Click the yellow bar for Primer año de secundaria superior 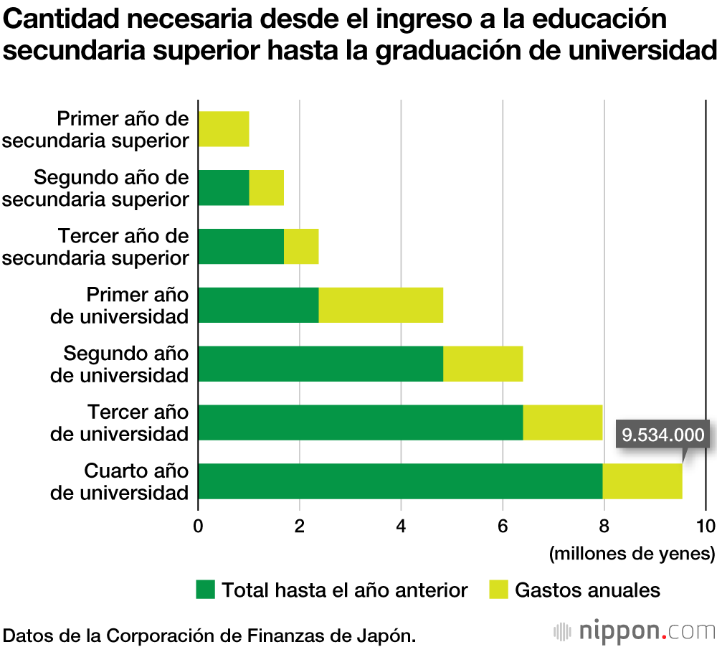223,129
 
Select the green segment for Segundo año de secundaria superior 223,188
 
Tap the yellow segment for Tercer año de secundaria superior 301,247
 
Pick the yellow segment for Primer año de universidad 381,306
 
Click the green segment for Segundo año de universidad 320,364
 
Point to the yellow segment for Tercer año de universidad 563,423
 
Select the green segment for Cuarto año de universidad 400,481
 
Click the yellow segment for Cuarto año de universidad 642,481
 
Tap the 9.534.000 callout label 663,435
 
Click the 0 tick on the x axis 198,525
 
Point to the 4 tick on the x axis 402,525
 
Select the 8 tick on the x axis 604,525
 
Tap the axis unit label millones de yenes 632,554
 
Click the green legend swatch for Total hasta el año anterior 205,590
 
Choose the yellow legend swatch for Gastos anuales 498,590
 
